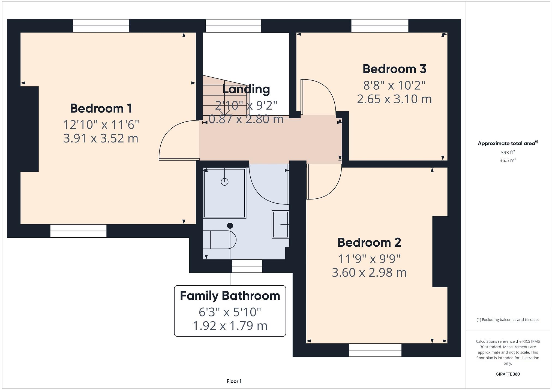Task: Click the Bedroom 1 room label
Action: pyautogui.click(x=101, y=108)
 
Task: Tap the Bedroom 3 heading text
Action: pyautogui.click(x=394, y=69)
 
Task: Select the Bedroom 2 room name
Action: pyautogui.click(x=369, y=243)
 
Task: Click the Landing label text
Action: pyautogui.click(x=246, y=89)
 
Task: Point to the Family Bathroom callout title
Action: pyautogui.click(x=230, y=296)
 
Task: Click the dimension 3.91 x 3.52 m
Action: pyautogui.click(x=101, y=138)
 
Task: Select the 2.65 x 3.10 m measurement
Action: pyautogui.click(x=394, y=99)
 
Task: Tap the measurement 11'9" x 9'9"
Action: pyautogui.click(x=369, y=259)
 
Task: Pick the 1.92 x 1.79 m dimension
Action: pyautogui.click(x=230, y=326)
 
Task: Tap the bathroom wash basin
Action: pyautogui.click(x=280, y=225)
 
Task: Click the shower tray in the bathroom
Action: pyautogui.click(x=225, y=193)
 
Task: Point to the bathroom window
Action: pyautogui.click(x=247, y=266)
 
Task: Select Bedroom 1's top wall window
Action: pyautogui.click(x=101, y=26)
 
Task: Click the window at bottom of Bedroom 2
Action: pyautogui.click(x=375, y=350)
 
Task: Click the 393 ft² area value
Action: pyautogui.click(x=508, y=153)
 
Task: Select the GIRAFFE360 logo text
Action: pyautogui.click(x=508, y=374)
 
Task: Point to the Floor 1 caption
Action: pyautogui.click(x=234, y=381)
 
